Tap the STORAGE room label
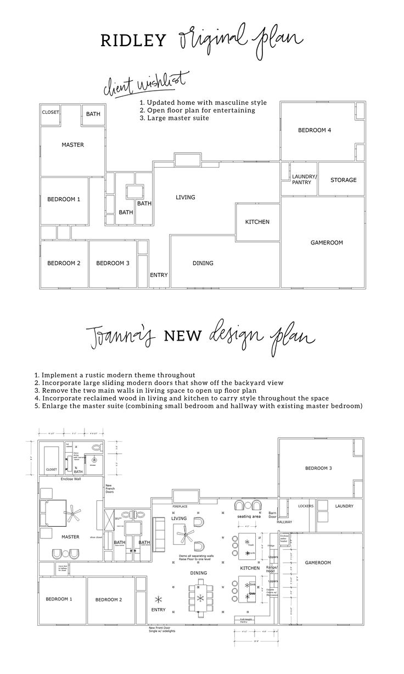click(343, 180)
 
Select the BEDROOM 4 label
click(315, 130)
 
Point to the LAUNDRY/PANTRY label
click(304, 179)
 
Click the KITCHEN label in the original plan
click(257, 222)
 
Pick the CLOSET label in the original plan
click(50, 113)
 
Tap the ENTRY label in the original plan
click(159, 275)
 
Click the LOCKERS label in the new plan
click(306, 506)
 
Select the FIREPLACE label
click(180, 506)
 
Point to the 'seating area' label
click(249, 517)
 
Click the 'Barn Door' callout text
click(272, 515)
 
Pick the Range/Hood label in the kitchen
click(272, 569)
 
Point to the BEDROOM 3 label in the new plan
click(318, 468)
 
